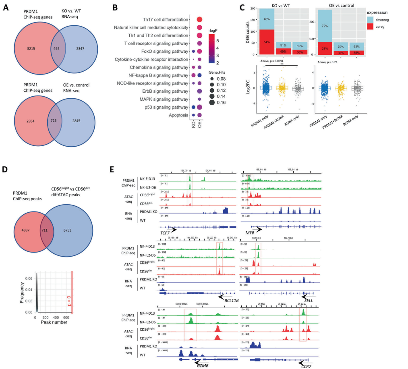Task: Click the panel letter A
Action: [6, 6]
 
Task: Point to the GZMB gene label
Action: [203, 365]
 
